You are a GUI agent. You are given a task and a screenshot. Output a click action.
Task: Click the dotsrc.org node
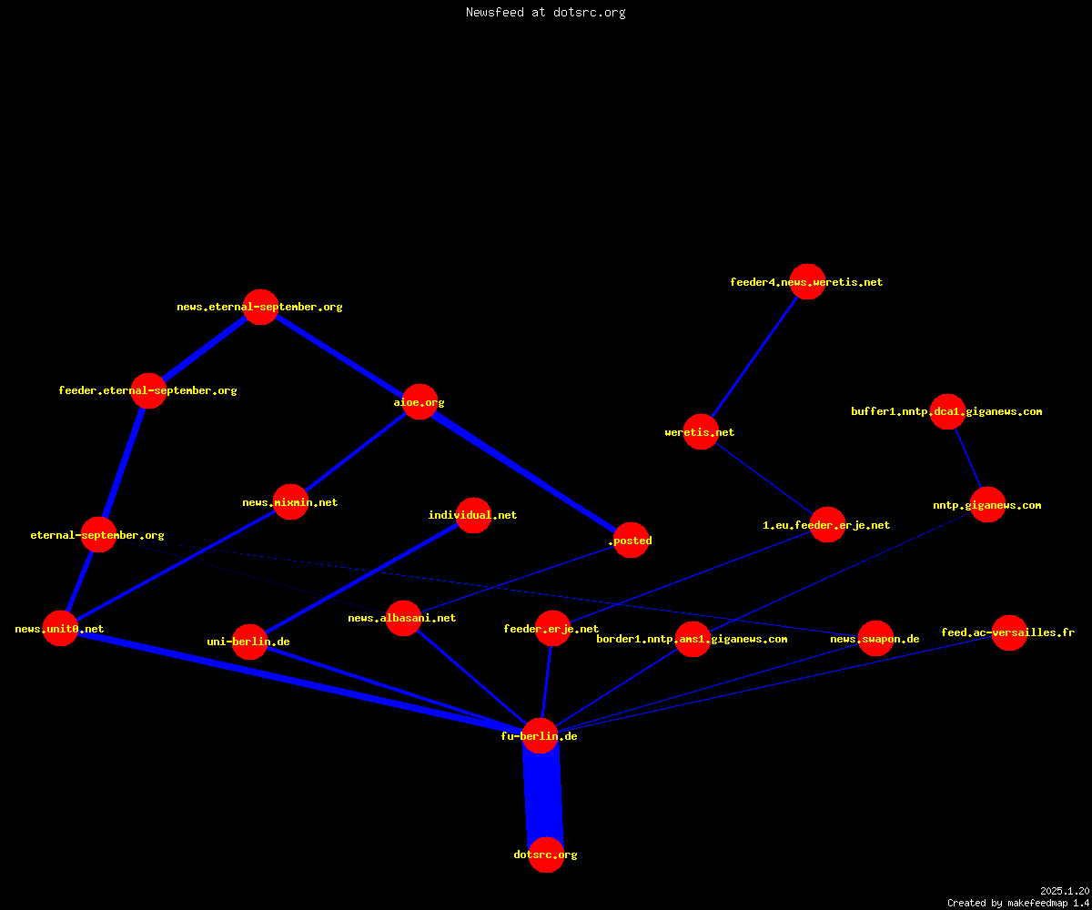pyautogui.click(x=546, y=854)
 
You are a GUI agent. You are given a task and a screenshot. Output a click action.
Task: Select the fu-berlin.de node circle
pyautogui.click(x=540, y=736)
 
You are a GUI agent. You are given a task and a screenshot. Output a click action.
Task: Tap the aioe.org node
pyautogui.click(x=420, y=401)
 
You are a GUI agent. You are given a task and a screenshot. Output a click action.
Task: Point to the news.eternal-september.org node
pyautogui.click(x=260, y=307)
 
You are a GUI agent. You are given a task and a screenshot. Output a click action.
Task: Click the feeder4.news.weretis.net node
pyautogui.click(x=807, y=281)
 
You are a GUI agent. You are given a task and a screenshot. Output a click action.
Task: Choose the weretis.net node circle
pyautogui.click(x=701, y=431)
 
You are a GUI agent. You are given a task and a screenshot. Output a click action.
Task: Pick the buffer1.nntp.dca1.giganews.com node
pyautogui.click(x=947, y=411)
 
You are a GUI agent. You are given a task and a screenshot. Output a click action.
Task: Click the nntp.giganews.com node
pyautogui.click(x=988, y=505)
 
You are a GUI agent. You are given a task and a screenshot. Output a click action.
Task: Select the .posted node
pyautogui.click(x=632, y=540)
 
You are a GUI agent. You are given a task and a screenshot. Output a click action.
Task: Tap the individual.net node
pyautogui.click(x=473, y=515)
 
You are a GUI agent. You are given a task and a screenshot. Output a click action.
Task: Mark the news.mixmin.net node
pyautogui.click(x=291, y=501)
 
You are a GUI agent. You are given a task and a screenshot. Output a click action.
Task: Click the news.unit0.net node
pyautogui.click(x=61, y=628)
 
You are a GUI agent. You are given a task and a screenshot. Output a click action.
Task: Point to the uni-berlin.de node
pyautogui.click(x=249, y=642)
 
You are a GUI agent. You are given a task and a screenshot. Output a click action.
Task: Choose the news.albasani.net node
pyautogui.click(x=403, y=618)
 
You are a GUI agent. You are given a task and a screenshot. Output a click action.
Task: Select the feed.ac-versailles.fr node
pyautogui.click(x=1009, y=632)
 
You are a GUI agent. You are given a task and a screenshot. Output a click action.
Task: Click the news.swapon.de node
pyautogui.click(x=876, y=638)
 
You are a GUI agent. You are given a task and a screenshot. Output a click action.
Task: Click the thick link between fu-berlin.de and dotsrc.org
pyautogui.click(x=543, y=795)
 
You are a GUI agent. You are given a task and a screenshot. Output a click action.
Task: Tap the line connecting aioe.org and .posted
pyautogui.click(x=526, y=470)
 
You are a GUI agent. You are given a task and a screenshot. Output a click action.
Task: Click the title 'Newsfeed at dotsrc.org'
pyautogui.click(x=545, y=12)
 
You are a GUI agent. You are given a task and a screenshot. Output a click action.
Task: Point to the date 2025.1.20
pyautogui.click(x=1065, y=891)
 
